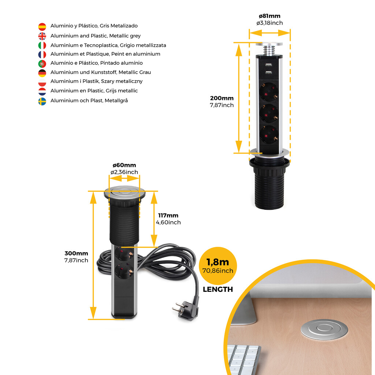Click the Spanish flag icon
click(42, 26)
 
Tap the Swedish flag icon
click(42, 101)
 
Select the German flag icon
click(42, 73)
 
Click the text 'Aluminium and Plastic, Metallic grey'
click(96, 36)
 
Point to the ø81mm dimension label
click(270, 16)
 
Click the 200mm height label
click(222, 98)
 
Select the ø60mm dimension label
click(124, 165)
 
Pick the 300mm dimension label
click(76, 253)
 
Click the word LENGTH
click(218, 289)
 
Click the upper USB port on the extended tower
click(269, 65)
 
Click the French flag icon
click(42, 55)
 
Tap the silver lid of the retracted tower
click(125, 193)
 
